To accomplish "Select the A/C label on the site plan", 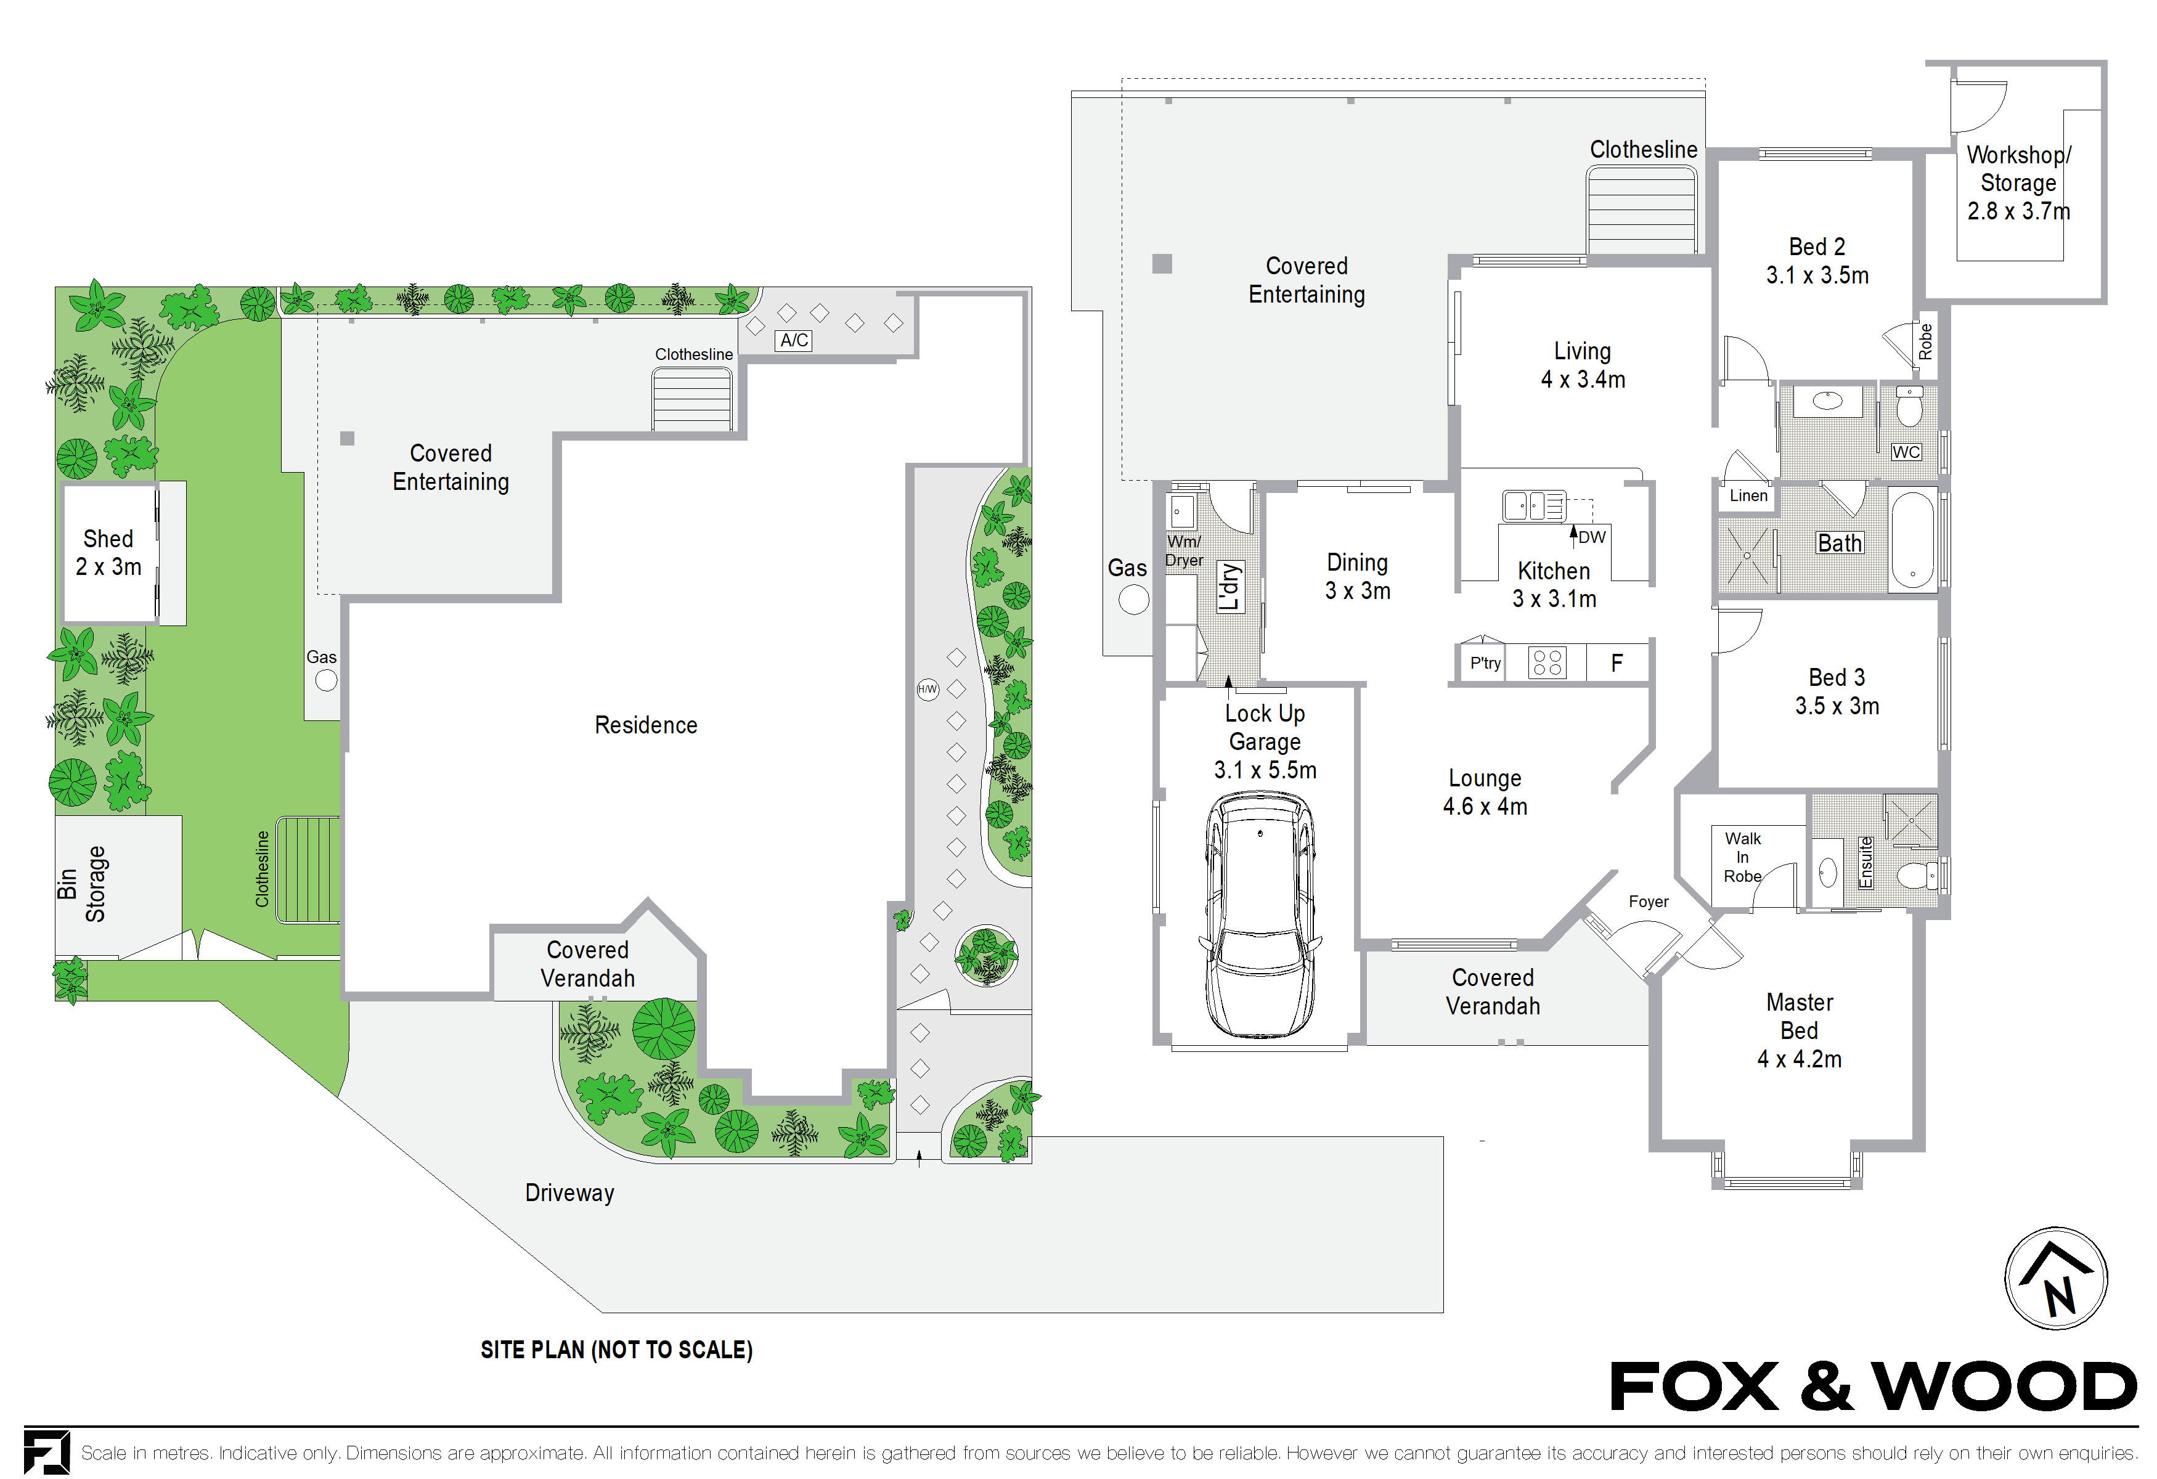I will [794, 341].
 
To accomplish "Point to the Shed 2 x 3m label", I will [108, 553].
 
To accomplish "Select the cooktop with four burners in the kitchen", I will [1547, 662].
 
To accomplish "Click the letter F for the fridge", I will [1617, 662].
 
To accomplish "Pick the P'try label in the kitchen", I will [1485, 662].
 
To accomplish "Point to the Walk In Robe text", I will [1742, 857].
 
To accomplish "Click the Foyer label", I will [1649, 901].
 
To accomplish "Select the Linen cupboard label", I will [1748, 495].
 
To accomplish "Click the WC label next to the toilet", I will [1906, 452].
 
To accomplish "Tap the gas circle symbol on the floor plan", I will [1133, 600].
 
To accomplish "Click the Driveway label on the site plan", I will [569, 1192].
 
